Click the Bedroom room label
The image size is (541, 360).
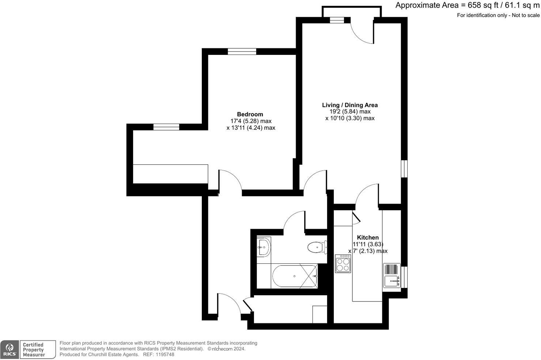pos(250,114)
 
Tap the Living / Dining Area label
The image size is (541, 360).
pos(350,105)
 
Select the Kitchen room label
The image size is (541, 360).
pos(368,237)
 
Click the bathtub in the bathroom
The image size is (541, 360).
pos(295,276)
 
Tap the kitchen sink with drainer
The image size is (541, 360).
pos(391,275)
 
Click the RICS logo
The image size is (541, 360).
pos(10,349)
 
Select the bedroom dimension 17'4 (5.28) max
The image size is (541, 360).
pos(251,121)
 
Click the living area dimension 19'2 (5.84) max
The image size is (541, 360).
pos(350,112)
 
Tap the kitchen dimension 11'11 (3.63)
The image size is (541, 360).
pos(368,244)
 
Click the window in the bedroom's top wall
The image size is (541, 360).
pos(242,52)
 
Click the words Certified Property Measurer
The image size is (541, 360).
pos(33,350)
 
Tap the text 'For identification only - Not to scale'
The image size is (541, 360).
pos(498,15)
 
